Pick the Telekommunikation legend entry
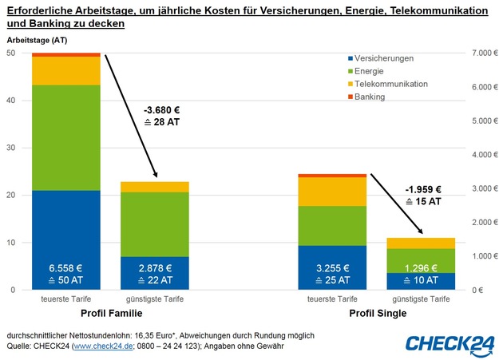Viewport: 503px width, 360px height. tap(391, 84)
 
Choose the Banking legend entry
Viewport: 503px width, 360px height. tap(370, 97)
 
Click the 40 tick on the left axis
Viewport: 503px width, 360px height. tap(10, 101)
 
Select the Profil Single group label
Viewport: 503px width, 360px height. tap(377, 313)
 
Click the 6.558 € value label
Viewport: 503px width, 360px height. tap(65, 267)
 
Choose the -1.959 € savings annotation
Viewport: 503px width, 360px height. tap(422, 190)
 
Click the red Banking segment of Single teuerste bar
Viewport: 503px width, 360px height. tap(331, 176)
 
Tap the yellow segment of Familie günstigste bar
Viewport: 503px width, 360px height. tap(155, 187)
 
